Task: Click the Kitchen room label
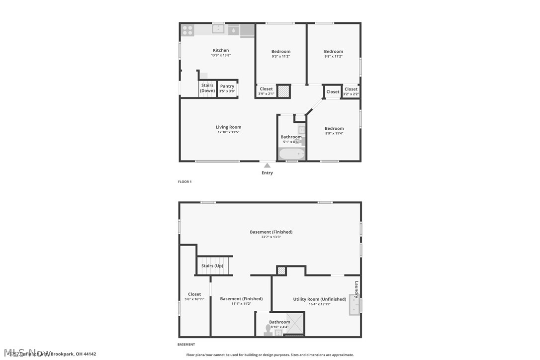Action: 221,50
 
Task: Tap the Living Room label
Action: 228,127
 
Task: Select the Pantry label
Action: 227,86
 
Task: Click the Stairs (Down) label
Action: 207,88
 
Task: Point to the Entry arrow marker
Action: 267,166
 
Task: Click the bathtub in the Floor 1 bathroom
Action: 291,154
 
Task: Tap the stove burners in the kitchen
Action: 187,30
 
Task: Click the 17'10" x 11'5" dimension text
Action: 228,132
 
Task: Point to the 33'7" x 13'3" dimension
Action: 271,237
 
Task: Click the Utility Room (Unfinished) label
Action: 319,299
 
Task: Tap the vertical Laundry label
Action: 357,289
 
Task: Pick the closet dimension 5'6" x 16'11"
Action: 194,299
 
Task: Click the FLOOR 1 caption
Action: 184,182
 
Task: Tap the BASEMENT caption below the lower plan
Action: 186,345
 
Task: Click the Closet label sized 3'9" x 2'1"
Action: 266,89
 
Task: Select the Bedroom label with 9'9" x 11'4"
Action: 334,128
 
